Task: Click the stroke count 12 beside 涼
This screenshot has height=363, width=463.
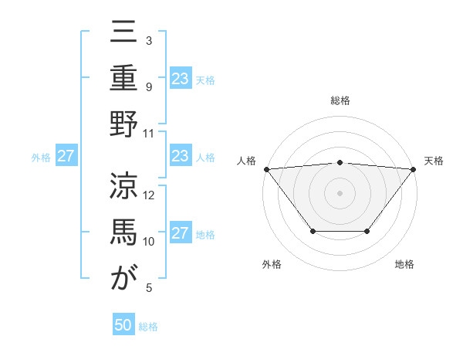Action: click(x=150, y=195)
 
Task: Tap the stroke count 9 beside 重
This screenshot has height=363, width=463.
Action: click(x=149, y=87)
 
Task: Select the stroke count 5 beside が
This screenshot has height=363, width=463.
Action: click(x=149, y=288)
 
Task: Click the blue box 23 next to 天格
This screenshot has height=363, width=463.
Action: click(x=181, y=79)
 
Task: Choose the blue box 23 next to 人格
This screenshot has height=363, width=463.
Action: click(x=181, y=157)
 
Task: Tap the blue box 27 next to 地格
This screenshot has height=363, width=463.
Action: click(x=181, y=234)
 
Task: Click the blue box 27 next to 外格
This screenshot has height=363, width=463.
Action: click(x=66, y=157)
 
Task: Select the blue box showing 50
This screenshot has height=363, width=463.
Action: click(x=123, y=326)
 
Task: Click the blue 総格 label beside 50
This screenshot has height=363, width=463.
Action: click(x=149, y=327)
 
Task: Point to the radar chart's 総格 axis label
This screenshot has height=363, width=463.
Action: click(x=340, y=101)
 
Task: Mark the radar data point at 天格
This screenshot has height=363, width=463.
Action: click(x=414, y=168)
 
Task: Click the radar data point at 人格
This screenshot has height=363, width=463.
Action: click(x=266, y=168)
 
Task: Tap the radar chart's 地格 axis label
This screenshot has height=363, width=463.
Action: click(x=404, y=265)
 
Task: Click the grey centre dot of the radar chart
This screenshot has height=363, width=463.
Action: click(x=340, y=192)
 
